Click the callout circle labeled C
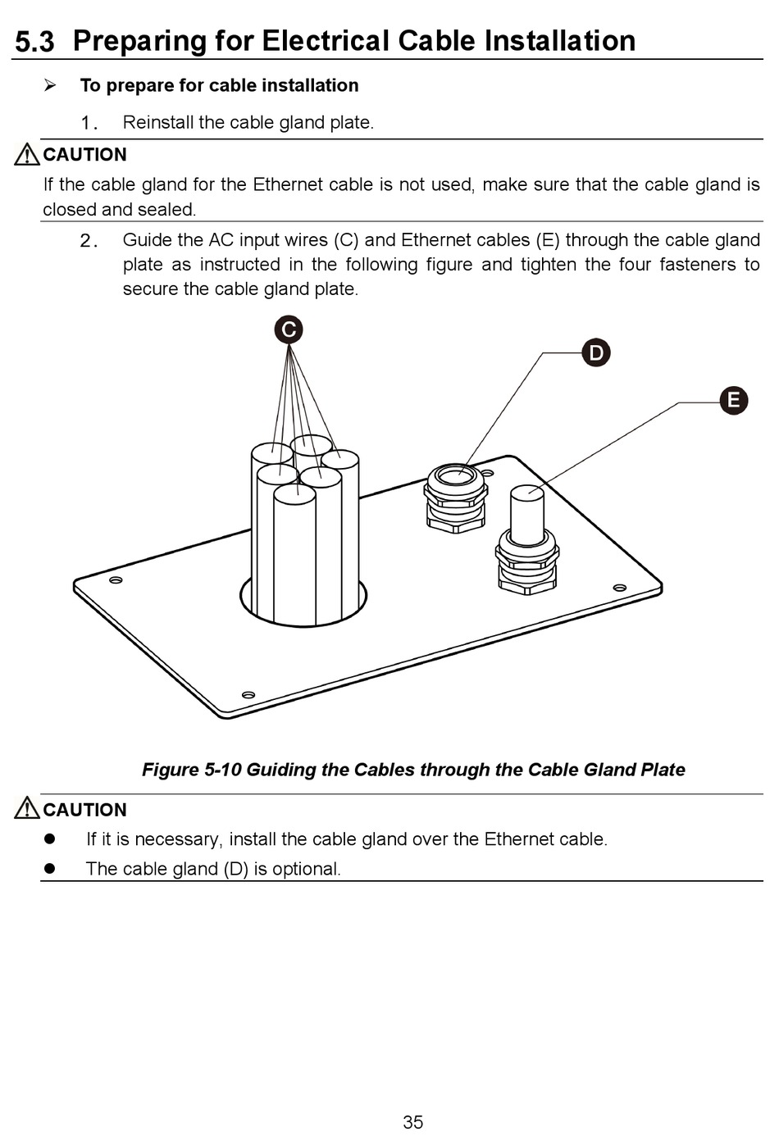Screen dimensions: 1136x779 pos(288,329)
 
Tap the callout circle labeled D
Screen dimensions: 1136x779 pos(596,353)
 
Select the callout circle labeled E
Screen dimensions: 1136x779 pos(734,400)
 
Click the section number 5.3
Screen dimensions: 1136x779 pos(34,42)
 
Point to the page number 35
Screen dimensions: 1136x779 pos(413,1122)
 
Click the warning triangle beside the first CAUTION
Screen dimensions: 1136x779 pos(27,154)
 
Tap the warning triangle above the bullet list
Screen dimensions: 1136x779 pos(27,809)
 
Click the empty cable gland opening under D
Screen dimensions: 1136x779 pos(455,475)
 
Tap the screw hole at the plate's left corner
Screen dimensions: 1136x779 pos(116,580)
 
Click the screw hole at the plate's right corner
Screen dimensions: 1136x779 pos(619,586)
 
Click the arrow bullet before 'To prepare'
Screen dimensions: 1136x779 pos(50,85)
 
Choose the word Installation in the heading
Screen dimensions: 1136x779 pos(559,41)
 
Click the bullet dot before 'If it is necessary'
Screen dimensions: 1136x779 pos(49,839)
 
